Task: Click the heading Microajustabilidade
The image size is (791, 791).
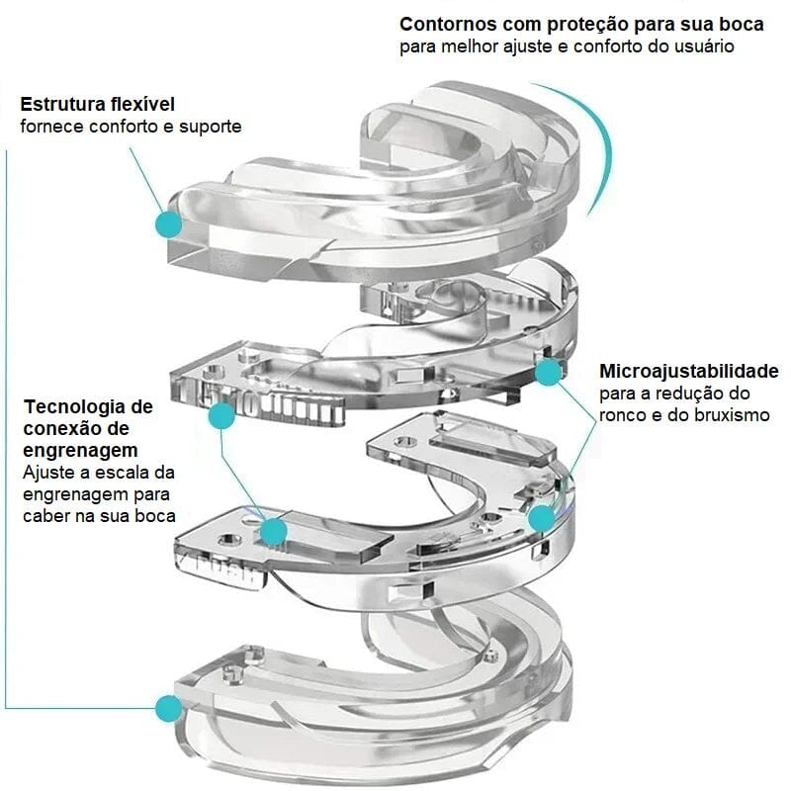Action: pos(689,372)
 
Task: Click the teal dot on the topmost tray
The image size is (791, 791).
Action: pos(169,224)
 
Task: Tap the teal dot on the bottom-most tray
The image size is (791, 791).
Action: pos(169,707)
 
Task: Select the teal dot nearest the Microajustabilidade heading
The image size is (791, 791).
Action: pos(548,372)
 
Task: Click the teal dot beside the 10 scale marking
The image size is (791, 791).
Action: pos(221,416)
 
